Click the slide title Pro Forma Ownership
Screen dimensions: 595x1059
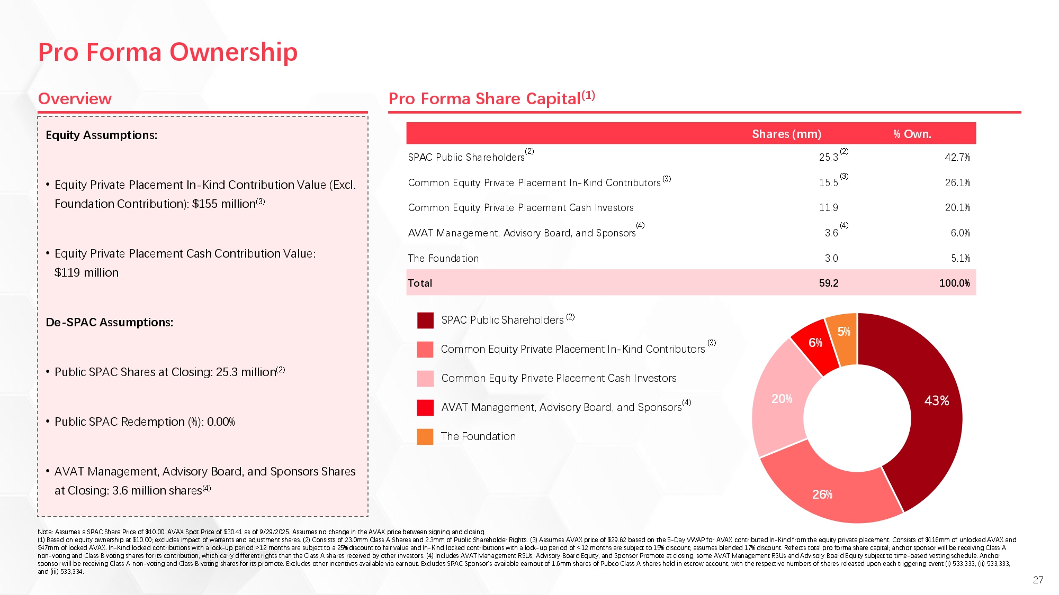(x=168, y=52)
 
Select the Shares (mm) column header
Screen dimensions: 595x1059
(x=786, y=134)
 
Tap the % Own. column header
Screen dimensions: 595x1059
(x=912, y=134)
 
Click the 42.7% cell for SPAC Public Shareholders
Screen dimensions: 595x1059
(x=957, y=157)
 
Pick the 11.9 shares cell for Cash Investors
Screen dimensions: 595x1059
(x=829, y=208)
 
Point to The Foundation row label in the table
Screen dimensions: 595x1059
(x=443, y=258)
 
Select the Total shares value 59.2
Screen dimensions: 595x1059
(x=829, y=283)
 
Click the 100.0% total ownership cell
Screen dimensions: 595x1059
(x=954, y=283)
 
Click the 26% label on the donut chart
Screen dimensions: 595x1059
(x=822, y=495)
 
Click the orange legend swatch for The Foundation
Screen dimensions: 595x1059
(x=425, y=436)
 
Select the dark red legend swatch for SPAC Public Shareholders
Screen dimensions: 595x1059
(x=425, y=320)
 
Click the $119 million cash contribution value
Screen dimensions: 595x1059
(x=86, y=273)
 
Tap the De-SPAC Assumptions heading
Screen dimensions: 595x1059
(x=110, y=323)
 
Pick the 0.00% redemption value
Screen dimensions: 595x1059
(x=221, y=422)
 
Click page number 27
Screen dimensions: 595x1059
(x=1038, y=580)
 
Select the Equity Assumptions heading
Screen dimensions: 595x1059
(x=102, y=135)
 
